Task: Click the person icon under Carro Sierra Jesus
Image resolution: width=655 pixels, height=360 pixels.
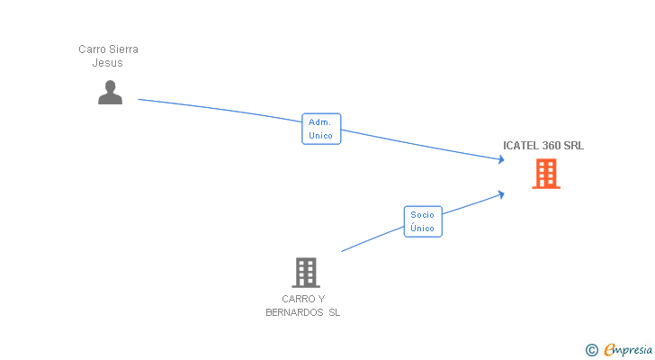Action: click(x=110, y=92)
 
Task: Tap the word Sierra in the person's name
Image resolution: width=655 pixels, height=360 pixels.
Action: click(x=122, y=49)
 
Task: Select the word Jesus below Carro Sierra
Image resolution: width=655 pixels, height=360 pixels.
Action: click(x=108, y=63)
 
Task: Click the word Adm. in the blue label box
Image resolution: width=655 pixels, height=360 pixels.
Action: click(x=320, y=121)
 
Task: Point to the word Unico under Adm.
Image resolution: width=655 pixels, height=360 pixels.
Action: click(x=320, y=136)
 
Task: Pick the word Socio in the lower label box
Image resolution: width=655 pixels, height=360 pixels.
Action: click(x=422, y=214)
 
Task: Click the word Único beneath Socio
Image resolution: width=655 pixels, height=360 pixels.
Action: click(x=422, y=229)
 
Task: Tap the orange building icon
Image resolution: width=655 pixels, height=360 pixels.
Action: click(x=546, y=174)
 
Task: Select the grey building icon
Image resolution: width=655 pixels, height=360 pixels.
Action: click(x=306, y=272)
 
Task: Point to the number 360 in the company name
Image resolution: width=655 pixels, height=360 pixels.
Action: click(x=553, y=146)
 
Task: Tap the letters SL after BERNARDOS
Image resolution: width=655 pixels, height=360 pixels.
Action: click(x=335, y=313)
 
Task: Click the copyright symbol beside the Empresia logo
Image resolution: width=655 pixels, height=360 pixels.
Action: click(x=591, y=350)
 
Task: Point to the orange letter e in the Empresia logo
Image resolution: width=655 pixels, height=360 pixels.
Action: click(x=609, y=350)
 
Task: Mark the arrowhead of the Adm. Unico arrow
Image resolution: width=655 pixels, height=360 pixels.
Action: click(x=501, y=160)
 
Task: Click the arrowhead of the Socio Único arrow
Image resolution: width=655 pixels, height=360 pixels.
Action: click(x=500, y=193)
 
